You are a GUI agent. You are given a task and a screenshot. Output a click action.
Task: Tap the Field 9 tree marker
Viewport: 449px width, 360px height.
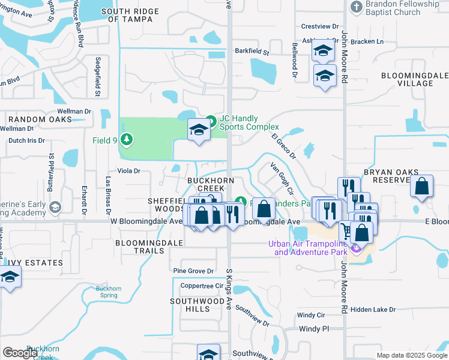point(127,140)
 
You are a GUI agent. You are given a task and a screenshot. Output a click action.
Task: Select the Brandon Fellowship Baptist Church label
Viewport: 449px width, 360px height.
point(399,8)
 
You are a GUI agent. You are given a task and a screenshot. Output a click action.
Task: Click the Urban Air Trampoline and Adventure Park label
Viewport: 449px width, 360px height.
point(315,248)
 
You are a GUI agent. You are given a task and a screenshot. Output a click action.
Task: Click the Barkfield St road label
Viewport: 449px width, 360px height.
point(252,52)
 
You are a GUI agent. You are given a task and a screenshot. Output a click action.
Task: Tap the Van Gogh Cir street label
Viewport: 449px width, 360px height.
point(281,178)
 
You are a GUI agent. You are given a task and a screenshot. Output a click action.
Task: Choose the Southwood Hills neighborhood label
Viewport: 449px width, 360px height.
point(198,305)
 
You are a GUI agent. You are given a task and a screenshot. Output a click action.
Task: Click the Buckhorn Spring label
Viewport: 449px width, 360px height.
point(109,292)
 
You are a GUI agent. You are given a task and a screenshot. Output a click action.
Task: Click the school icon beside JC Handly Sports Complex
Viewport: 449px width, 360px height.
point(198,130)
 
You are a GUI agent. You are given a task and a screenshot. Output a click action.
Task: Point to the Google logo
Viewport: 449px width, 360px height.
point(20,353)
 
